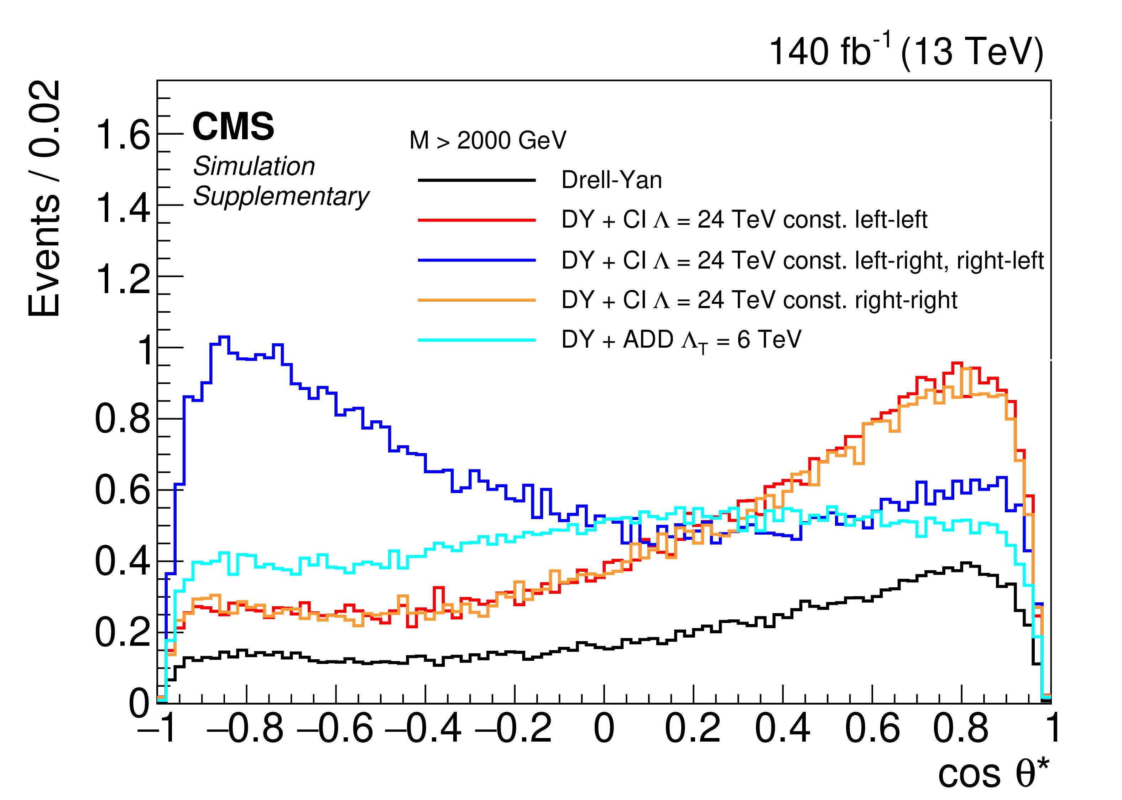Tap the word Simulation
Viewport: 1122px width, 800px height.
pyautogui.click(x=254, y=166)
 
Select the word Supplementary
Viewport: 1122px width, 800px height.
pyautogui.click(x=281, y=197)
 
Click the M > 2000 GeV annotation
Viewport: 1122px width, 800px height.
pyautogui.click(x=487, y=140)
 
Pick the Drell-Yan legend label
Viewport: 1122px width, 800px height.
pyautogui.click(x=611, y=180)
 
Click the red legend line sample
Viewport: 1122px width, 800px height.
pyautogui.click(x=476, y=220)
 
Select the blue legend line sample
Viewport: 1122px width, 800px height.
pyautogui.click(x=476, y=260)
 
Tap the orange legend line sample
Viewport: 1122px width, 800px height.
pyautogui.click(x=476, y=300)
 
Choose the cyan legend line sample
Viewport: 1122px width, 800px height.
pyautogui.click(x=476, y=340)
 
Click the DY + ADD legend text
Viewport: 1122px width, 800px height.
pyautogui.click(x=682, y=340)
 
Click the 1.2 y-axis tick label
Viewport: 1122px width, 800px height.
pyautogui.click(x=122, y=277)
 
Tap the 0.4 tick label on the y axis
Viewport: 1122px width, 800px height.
pyautogui.click(x=122, y=562)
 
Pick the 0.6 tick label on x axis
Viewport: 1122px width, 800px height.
pyautogui.click(x=872, y=728)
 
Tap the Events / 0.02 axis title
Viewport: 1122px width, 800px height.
pyautogui.click(x=44, y=198)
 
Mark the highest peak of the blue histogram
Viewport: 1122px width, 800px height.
pyautogui.click(x=224, y=337)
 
